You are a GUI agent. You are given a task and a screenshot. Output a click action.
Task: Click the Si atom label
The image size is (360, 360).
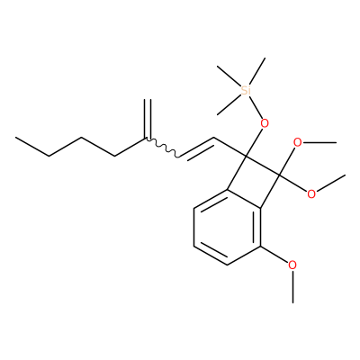246,90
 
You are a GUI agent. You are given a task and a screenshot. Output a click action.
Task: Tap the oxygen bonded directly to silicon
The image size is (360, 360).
265,123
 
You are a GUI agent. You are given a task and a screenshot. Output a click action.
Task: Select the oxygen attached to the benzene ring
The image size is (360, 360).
292,265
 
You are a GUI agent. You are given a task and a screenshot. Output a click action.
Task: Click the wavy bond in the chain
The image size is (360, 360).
163,148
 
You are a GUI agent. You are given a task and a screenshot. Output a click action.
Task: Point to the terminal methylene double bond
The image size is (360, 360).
148,119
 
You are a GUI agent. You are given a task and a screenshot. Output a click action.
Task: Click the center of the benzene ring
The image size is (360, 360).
227,228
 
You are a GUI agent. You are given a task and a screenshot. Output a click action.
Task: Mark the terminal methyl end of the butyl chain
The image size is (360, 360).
16,138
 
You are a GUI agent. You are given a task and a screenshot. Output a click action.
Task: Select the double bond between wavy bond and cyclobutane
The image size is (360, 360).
196,148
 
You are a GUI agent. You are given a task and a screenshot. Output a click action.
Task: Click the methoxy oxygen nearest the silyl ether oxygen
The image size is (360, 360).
298,142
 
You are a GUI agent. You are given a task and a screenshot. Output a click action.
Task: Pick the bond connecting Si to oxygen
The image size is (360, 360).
256,106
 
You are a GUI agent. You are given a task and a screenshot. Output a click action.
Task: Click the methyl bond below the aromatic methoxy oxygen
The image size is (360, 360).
292,286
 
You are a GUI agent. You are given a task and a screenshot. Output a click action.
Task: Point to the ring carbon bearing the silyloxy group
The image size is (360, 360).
246,157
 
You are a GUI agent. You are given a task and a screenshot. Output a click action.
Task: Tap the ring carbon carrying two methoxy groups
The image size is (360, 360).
279,175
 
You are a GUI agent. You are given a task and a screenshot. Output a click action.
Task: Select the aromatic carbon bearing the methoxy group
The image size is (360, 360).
260,247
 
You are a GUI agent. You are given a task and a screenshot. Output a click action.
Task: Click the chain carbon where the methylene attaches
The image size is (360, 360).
148,139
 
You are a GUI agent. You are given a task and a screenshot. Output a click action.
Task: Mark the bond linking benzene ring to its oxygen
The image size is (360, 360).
274,255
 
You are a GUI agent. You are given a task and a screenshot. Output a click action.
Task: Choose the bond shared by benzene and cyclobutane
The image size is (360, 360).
244,199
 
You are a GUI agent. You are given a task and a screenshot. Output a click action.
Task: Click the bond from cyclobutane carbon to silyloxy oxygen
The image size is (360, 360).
254,142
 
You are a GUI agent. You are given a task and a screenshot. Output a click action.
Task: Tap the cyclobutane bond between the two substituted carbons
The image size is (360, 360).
263,166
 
